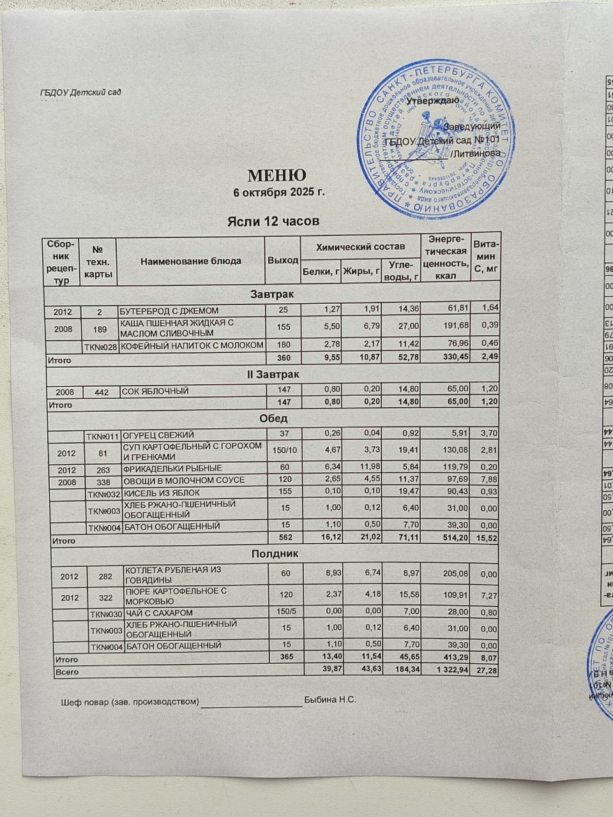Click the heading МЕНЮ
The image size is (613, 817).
(276, 175)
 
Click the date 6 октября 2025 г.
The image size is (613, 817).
(279, 192)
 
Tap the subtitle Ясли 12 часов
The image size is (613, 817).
(273, 221)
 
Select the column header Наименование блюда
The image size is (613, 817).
(191, 260)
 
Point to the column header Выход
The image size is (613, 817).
(283, 260)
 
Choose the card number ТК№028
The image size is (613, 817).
(103, 345)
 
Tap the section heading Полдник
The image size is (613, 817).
(274, 553)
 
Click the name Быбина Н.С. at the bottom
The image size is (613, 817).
(330, 700)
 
